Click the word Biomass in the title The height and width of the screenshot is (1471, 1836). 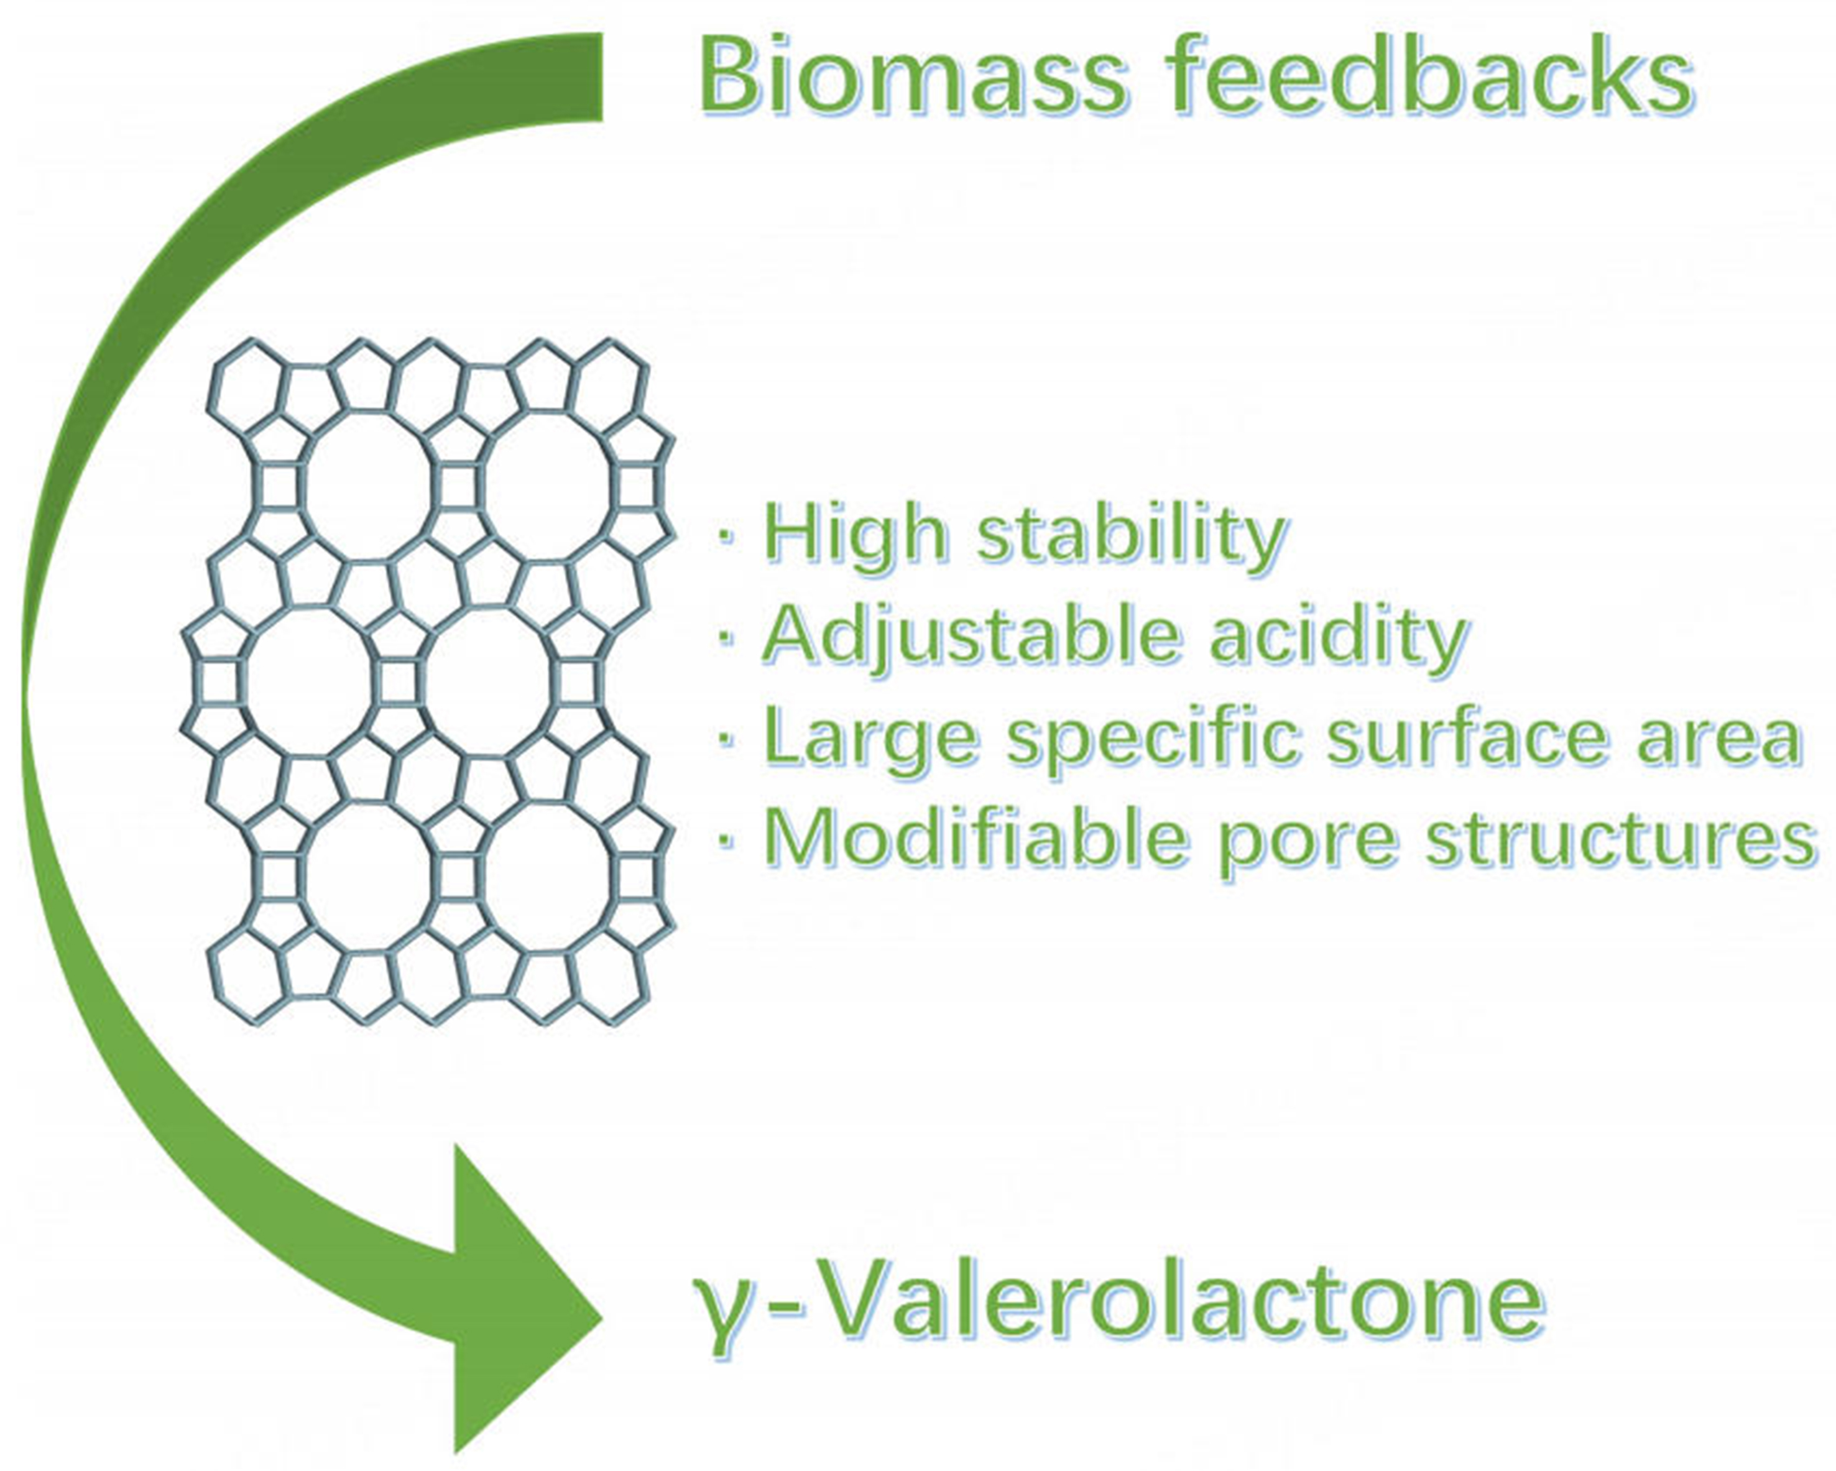(x=911, y=76)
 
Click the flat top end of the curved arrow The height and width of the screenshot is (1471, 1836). (x=601, y=76)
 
